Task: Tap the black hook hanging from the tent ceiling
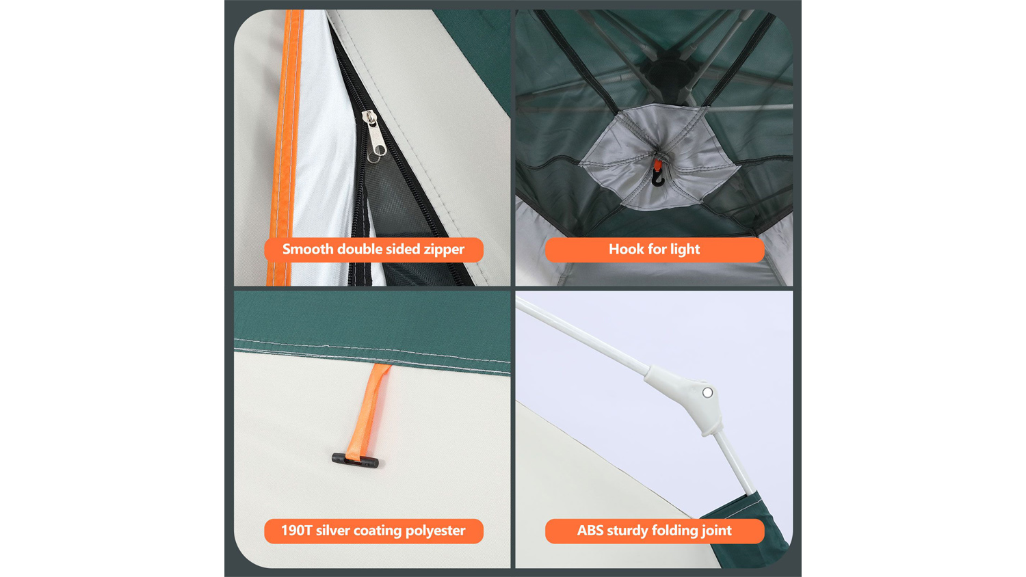[x=658, y=178]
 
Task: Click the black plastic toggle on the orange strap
[x=356, y=460]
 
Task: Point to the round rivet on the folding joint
[x=708, y=392]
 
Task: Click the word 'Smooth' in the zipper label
[x=308, y=249]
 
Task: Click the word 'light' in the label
[x=685, y=250]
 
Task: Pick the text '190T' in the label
[x=296, y=531]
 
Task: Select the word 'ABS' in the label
[x=590, y=531]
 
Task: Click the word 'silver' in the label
[x=332, y=531]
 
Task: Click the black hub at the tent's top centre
[x=670, y=73]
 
